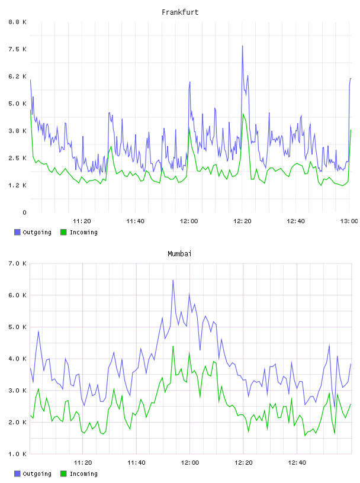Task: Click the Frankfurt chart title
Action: tap(180, 12)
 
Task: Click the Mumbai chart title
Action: tap(179, 254)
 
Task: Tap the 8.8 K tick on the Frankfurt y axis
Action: tap(17, 22)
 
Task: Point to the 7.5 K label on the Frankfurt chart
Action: tap(17, 49)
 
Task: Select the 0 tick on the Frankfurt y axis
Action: tap(24, 212)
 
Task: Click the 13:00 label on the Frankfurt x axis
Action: tap(349, 221)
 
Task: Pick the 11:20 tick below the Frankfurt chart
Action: tap(82, 221)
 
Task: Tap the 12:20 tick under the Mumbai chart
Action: tap(243, 463)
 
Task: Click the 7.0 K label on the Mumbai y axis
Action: tap(17, 263)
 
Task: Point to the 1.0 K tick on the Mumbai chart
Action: tap(17, 454)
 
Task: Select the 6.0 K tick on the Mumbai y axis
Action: tap(17, 295)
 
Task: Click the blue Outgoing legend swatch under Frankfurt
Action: tap(17, 232)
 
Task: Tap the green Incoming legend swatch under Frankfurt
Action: tap(63, 232)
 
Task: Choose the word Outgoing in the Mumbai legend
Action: tap(37, 474)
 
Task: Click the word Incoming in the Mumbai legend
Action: tap(83, 474)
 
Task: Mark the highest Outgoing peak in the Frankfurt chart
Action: tap(243, 46)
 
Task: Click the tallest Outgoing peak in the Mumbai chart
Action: tap(173, 281)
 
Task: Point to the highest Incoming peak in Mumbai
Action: tap(173, 346)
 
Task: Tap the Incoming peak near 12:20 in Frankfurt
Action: tap(243, 114)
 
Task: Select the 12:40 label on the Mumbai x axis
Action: tap(297, 463)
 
